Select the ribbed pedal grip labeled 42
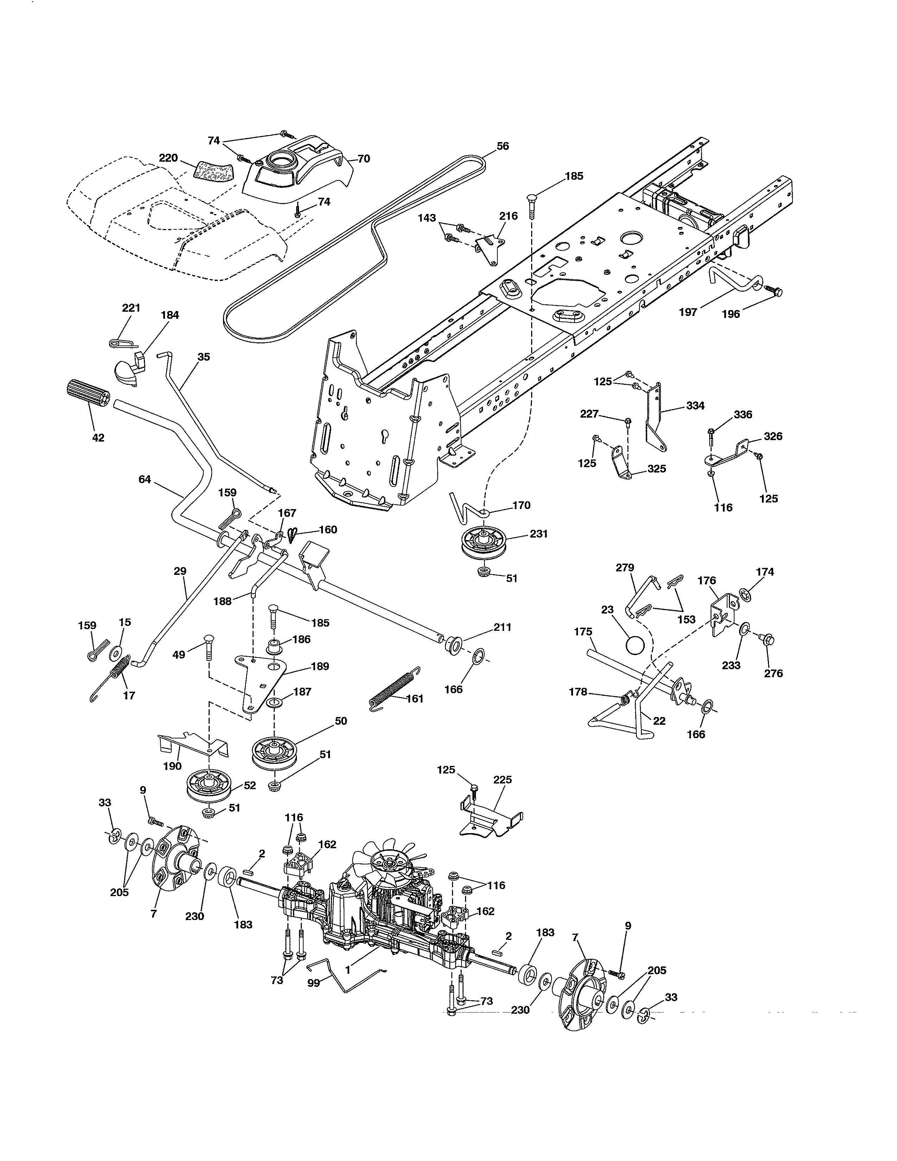click(88, 395)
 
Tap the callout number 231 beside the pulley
click(538, 534)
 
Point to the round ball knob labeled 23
click(636, 646)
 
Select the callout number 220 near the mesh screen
click(168, 158)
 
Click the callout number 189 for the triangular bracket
click(320, 666)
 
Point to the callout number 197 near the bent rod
click(688, 312)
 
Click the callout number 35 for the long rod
click(204, 357)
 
